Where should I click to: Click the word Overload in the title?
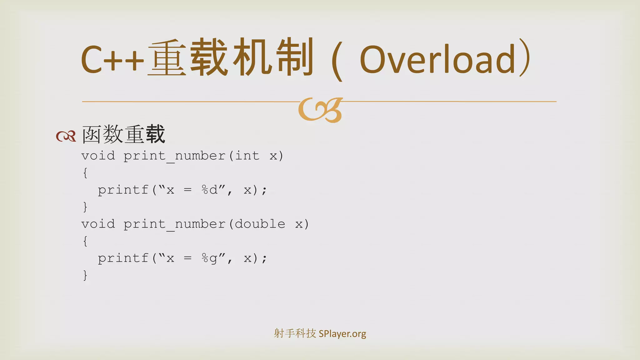tap(437, 59)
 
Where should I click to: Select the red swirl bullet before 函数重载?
tap(66, 136)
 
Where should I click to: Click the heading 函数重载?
tap(123, 134)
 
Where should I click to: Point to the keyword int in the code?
tap(247, 156)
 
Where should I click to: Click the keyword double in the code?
tap(260, 224)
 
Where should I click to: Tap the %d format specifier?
tap(209, 190)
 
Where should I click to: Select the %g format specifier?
tap(209, 258)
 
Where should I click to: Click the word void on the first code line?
tap(98, 156)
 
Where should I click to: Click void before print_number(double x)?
tap(98, 224)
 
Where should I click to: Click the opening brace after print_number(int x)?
tap(85, 173)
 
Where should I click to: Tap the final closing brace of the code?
tap(85, 275)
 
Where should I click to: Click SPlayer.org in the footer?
tap(342, 334)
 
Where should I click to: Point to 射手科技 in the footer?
tap(295, 333)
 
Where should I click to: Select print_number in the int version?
tap(174, 156)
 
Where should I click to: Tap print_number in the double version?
tap(174, 224)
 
